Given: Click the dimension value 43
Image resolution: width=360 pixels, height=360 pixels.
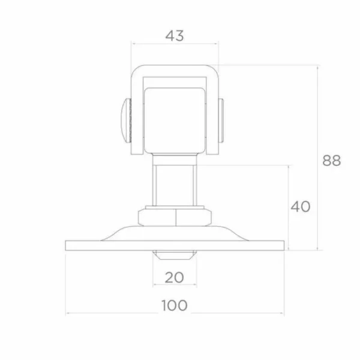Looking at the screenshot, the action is [x=175, y=36].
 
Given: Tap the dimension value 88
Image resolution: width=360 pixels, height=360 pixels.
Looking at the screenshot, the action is [x=332, y=160].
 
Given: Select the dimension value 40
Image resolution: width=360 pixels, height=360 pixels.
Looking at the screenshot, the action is [x=301, y=206].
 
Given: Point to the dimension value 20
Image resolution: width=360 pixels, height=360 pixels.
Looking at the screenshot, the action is [x=174, y=277].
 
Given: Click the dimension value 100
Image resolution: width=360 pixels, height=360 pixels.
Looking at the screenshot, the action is [x=175, y=305].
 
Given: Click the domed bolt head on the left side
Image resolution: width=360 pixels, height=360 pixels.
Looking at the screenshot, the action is [x=126, y=121].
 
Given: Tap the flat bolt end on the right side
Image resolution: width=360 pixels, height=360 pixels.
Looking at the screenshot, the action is [x=221, y=121].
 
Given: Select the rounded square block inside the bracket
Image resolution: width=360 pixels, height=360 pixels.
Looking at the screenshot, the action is [x=175, y=121].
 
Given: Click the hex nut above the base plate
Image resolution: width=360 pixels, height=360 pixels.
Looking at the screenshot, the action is [x=175, y=217].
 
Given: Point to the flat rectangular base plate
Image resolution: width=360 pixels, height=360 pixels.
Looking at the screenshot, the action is [x=175, y=245].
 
